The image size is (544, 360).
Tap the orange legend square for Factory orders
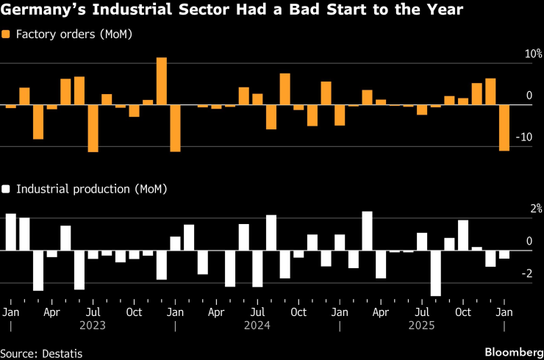tap(6, 35)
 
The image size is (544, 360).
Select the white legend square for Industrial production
tap(6, 189)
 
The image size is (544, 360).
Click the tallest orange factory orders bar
tap(162, 81)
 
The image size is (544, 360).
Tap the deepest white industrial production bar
tap(435, 273)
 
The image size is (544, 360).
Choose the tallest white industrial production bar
tap(367, 231)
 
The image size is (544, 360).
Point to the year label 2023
tap(93, 325)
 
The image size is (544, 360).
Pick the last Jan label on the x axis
tap(504, 312)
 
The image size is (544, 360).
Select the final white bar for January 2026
tap(504, 254)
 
